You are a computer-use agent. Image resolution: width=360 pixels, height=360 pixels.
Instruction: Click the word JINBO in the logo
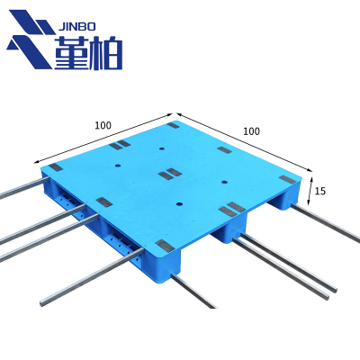pos(76,27)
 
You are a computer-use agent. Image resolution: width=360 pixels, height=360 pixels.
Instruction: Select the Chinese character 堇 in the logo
pos(72,53)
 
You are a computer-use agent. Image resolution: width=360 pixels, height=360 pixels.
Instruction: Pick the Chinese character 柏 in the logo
pos(106,53)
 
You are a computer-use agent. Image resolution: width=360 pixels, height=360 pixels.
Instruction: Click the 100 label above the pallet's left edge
pos(103,125)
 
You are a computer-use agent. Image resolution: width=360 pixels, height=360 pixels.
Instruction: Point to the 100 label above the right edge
pos(251,131)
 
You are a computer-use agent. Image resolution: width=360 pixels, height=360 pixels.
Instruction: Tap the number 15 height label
pos(320,191)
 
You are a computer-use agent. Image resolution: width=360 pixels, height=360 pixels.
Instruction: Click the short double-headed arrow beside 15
pos(310,191)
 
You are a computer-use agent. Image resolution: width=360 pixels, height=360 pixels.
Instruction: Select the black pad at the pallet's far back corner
pos(173,125)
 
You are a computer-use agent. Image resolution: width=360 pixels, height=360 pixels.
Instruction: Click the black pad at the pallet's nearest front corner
pos(164,246)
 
